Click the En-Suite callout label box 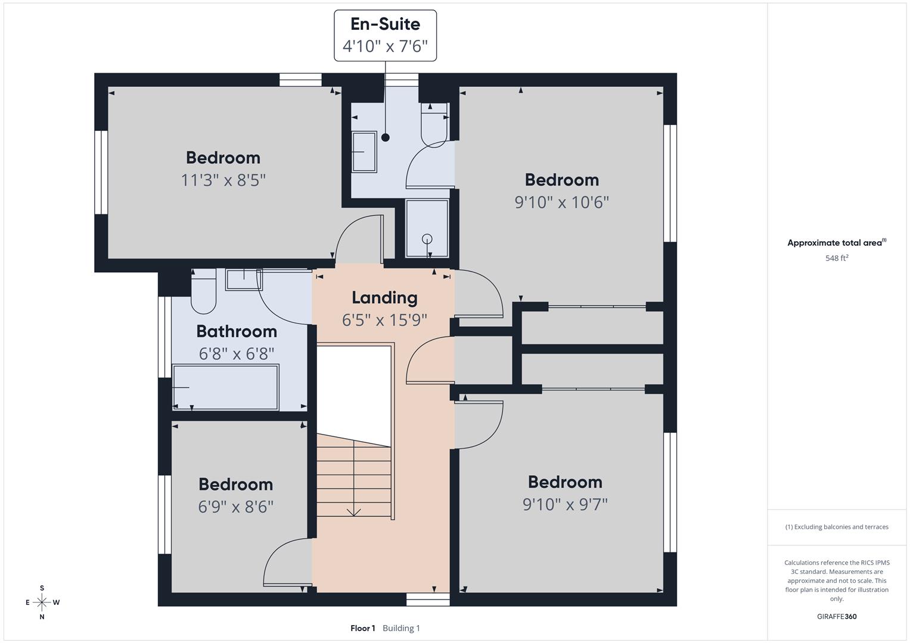(385, 35)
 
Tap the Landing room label (384, 298)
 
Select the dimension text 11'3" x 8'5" (223, 180)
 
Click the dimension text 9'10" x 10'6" (561, 202)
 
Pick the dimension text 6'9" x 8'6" (235, 507)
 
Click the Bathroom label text (237, 331)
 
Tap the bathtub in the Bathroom (225, 387)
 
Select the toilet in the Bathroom (203, 292)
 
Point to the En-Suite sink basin (364, 152)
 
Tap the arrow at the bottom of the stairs (354, 511)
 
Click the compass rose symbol (42, 603)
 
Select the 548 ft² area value (837, 258)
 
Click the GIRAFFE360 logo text (837, 616)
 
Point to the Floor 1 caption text (362, 628)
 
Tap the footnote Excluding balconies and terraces (837, 527)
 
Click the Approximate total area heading (836, 243)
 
